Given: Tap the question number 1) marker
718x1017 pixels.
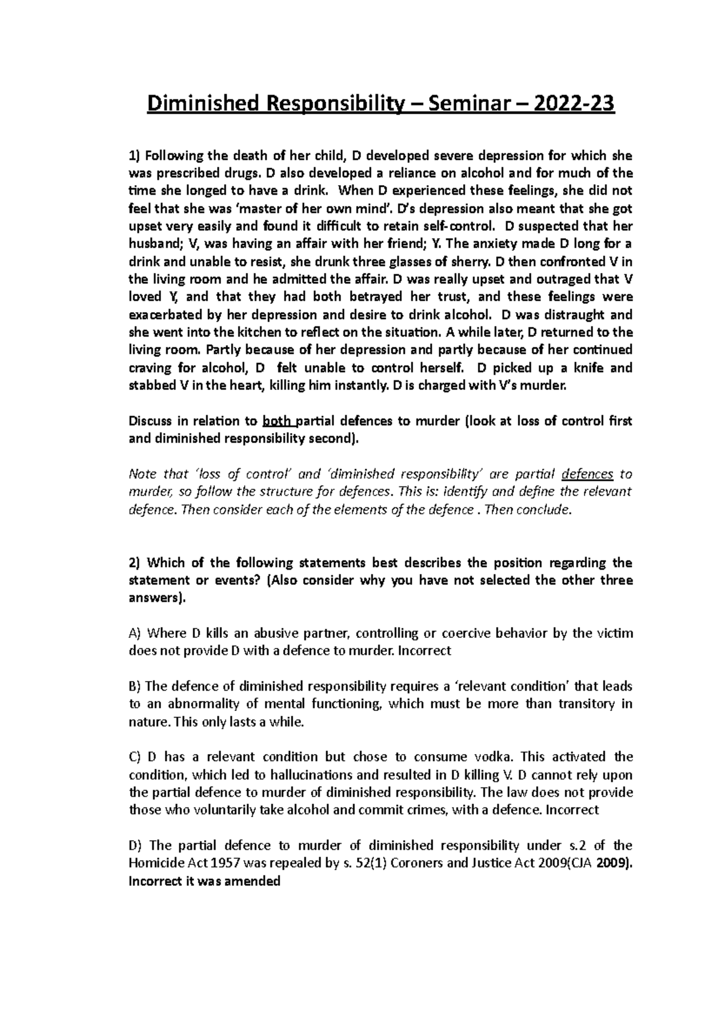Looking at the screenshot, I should point(134,156).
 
